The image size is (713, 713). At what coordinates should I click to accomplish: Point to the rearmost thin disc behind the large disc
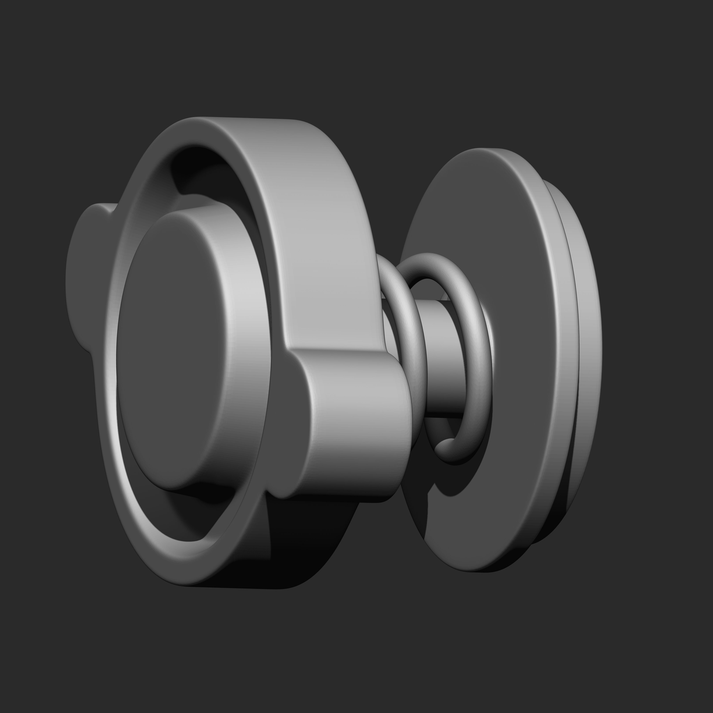587,332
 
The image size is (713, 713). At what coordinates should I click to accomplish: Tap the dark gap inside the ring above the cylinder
199,170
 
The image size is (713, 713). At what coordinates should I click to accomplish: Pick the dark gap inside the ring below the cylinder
192,517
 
